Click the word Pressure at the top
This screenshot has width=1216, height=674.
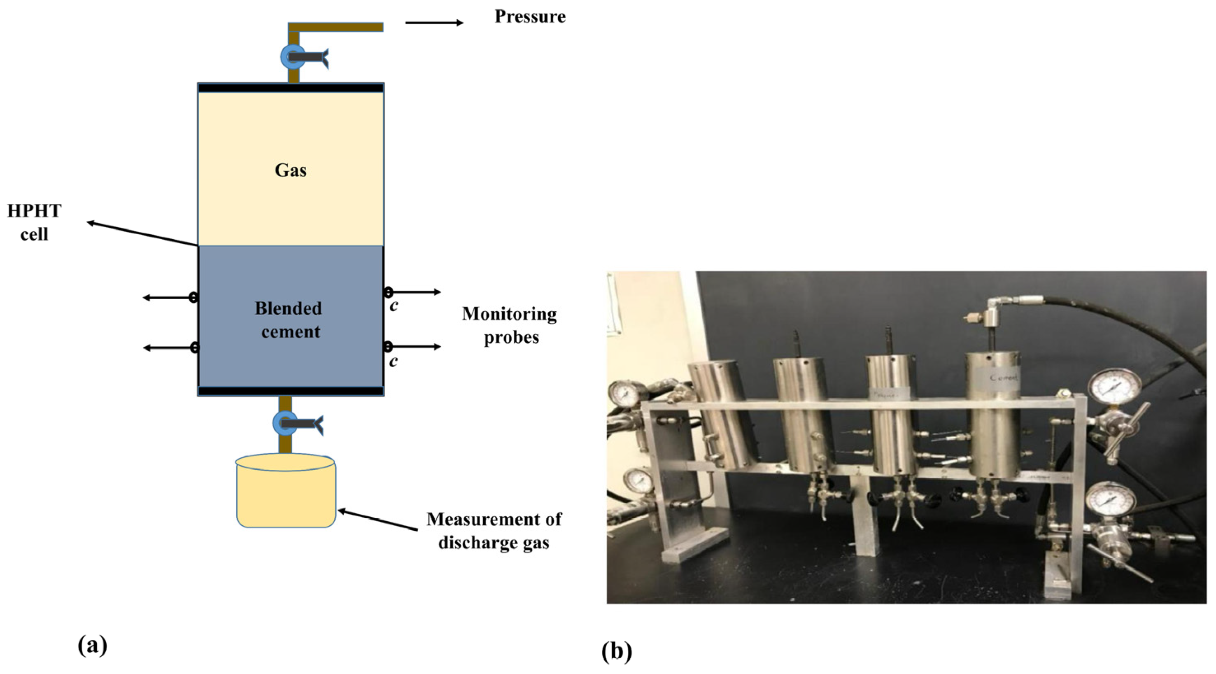pyautogui.click(x=530, y=16)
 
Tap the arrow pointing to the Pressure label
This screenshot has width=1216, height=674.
pyautogui.click(x=434, y=23)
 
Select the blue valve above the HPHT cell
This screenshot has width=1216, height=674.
pyautogui.click(x=293, y=57)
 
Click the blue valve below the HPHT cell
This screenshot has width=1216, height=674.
pyautogui.click(x=285, y=423)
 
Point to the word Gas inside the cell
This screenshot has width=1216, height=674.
pyautogui.click(x=290, y=170)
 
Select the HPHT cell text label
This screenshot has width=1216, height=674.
pyautogui.click(x=34, y=222)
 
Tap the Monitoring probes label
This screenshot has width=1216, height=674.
pyautogui.click(x=510, y=326)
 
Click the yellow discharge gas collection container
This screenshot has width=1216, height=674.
pyautogui.click(x=286, y=493)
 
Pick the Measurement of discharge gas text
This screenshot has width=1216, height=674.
pyautogui.click(x=494, y=531)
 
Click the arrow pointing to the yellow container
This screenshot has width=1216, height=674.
pyautogui.click(x=377, y=520)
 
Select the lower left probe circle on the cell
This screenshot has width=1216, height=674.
pyautogui.click(x=193, y=348)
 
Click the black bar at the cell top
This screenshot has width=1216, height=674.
pyautogui.click(x=290, y=88)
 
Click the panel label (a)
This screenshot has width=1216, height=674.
pyautogui.click(x=93, y=645)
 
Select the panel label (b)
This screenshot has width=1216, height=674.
pyautogui.click(x=617, y=651)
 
